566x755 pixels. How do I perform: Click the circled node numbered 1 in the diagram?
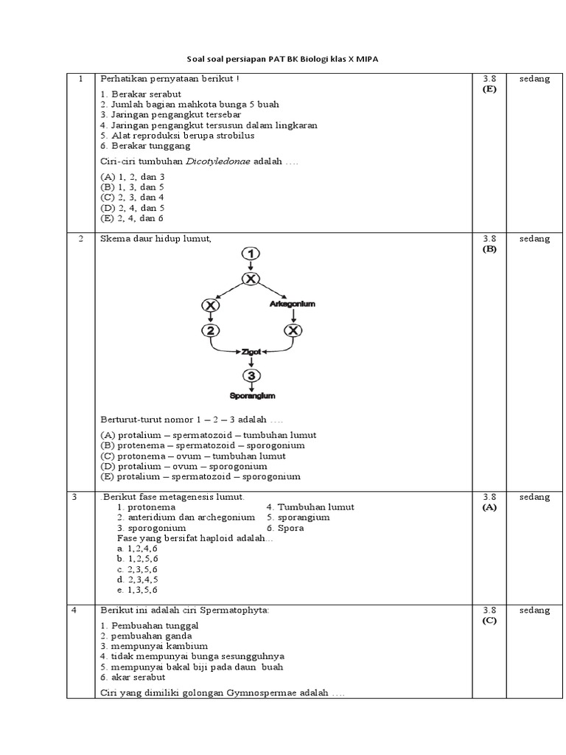(251, 254)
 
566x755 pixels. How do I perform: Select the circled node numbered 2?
(212, 330)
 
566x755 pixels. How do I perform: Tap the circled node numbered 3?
(251, 375)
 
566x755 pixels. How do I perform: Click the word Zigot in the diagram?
(251, 353)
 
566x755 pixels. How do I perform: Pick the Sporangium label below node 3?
(252, 395)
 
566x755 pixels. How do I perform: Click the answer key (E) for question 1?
(489, 89)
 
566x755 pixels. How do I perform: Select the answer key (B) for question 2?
(489, 248)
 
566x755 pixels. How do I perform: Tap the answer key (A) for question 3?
(489, 507)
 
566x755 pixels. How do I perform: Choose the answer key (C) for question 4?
(489, 620)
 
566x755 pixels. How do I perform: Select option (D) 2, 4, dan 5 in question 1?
(133, 208)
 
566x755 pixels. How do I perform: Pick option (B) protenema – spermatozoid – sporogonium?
(203, 445)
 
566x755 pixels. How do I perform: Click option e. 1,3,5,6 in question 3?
(137, 590)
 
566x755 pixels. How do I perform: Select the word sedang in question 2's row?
(534, 239)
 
